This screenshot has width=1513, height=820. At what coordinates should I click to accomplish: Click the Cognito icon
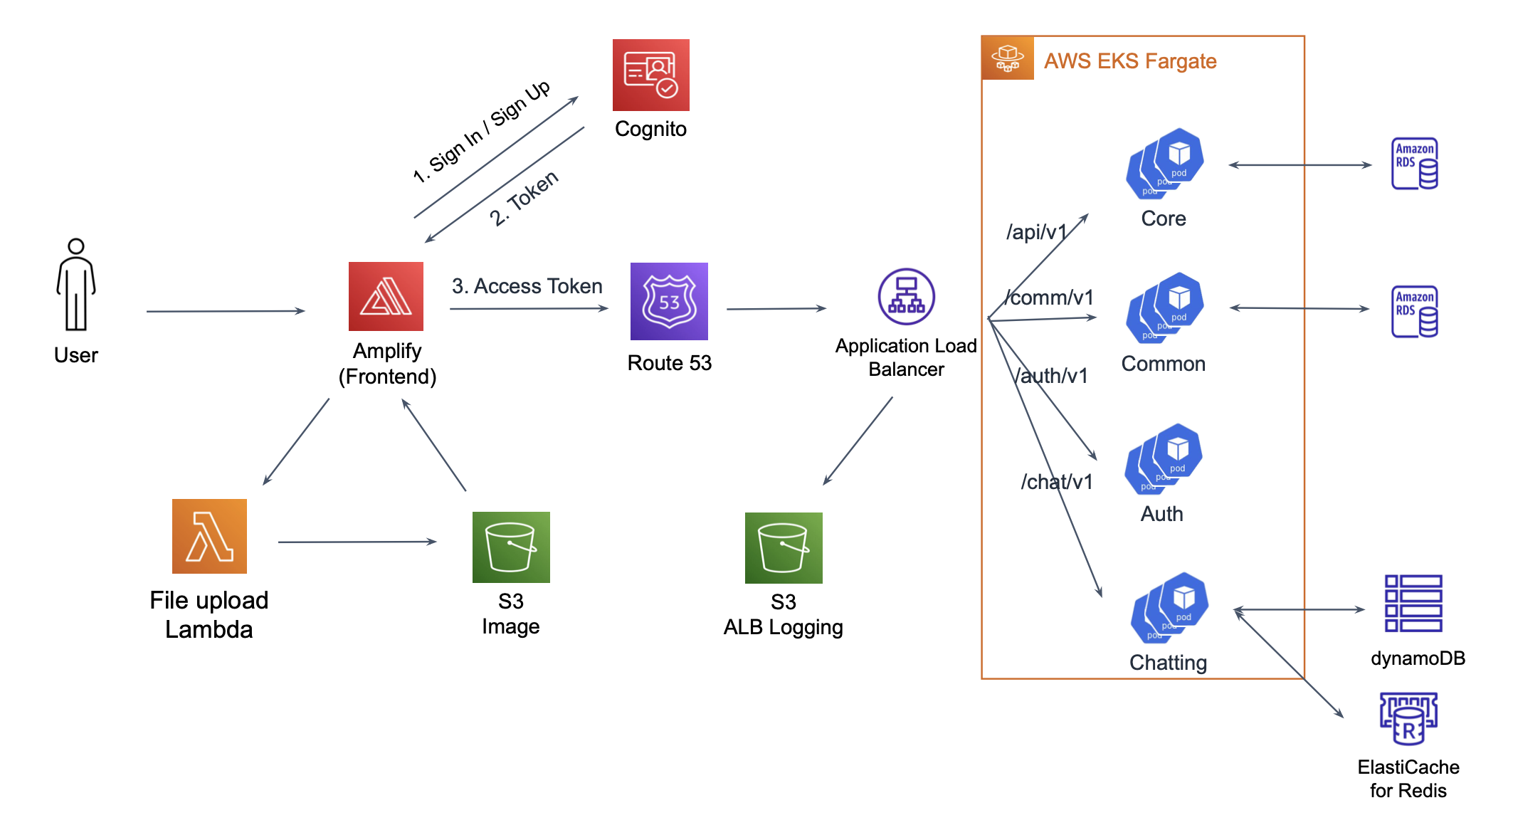tap(650, 75)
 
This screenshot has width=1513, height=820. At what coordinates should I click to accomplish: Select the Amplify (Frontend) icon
tap(386, 296)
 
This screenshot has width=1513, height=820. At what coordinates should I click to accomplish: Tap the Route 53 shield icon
tap(669, 301)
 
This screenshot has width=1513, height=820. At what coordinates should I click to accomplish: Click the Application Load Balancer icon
tap(906, 296)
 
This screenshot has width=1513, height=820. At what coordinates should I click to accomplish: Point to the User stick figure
tap(76, 285)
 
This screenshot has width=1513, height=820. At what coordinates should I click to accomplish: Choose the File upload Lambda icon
tap(209, 536)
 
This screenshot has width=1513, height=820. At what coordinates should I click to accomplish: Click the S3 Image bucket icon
tap(511, 547)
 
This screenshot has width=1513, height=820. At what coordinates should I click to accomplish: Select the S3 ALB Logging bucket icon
tap(784, 547)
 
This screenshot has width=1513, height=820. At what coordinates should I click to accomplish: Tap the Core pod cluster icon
tap(1165, 164)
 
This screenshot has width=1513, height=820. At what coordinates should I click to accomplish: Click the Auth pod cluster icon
tap(1164, 459)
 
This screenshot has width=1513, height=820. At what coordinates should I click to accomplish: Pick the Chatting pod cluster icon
tap(1169, 607)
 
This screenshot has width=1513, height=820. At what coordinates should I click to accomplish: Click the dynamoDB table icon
tap(1413, 604)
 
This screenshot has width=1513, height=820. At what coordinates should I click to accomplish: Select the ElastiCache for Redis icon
tap(1408, 718)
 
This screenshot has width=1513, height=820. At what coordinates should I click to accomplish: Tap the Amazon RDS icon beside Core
tap(1414, 164)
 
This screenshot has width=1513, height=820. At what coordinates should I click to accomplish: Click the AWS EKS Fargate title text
tap(1130, 61)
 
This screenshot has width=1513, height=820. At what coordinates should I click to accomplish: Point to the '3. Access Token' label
tap(527, 286)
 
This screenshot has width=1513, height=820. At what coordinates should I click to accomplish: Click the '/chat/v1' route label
tap(1056, 482)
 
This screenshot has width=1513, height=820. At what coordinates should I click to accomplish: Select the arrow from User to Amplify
tap(226, 311)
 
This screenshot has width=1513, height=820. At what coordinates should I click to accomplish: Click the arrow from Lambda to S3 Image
tap(357, 542)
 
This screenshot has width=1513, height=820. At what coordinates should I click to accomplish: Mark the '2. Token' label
tap(524, 199)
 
